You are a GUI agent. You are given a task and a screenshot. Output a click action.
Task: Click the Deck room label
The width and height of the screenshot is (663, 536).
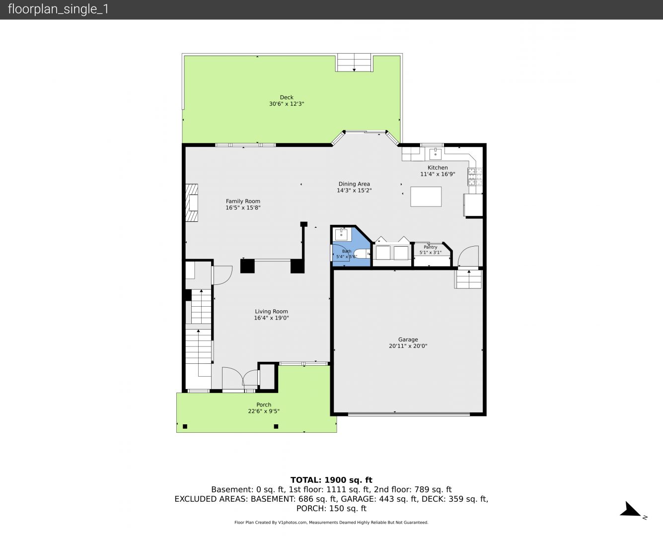287,97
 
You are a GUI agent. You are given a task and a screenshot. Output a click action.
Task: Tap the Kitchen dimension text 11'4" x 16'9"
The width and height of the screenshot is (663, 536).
438,174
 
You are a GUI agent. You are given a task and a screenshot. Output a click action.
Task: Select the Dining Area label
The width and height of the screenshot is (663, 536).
354,184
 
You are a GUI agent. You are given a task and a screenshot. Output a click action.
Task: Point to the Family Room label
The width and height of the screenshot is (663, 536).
243,201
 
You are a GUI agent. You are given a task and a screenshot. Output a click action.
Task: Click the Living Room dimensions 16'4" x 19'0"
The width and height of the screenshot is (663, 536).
271,318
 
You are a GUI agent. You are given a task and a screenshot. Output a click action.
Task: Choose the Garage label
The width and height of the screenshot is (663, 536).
408,339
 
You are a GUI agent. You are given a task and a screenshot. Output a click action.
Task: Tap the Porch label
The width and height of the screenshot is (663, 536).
264,404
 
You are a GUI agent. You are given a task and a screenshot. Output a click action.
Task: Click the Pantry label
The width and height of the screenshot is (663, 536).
430,247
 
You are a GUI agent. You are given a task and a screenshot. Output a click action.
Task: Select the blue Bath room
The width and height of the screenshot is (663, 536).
351,247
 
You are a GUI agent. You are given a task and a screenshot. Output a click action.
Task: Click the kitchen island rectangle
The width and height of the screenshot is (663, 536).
426,197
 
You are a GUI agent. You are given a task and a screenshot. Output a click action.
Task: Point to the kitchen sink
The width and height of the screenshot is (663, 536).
435,153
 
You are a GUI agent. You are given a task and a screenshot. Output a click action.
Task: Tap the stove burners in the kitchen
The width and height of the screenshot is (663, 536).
475,176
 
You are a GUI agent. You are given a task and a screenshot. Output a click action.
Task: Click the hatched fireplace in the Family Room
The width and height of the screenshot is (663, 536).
191,203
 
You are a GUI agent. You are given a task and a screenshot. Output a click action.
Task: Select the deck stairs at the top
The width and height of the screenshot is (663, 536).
354,63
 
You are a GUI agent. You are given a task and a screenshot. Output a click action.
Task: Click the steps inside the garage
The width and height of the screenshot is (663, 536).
468,279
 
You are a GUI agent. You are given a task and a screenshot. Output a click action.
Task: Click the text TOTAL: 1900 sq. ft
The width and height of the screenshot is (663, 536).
331,480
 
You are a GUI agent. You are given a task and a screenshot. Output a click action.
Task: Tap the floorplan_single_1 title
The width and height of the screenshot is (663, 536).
58,9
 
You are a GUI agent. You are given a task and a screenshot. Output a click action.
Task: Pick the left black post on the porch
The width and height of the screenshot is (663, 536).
185,426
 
